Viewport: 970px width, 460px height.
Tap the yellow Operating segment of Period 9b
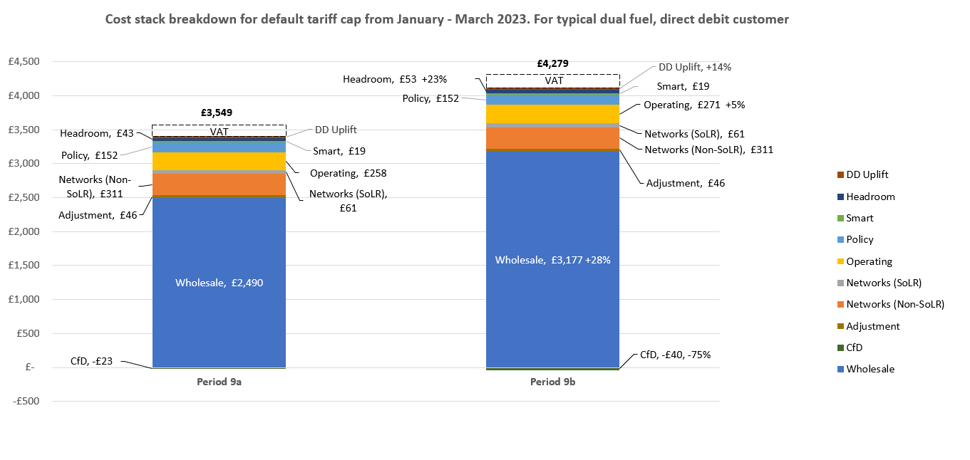(552, 114)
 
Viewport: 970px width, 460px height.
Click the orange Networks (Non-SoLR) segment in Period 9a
(219, 184)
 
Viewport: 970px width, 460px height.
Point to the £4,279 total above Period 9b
(552, 63)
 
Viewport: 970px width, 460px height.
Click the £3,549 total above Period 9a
(216, 113)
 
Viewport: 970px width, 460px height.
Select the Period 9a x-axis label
(219, 382)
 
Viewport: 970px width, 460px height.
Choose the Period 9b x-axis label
(552, 382)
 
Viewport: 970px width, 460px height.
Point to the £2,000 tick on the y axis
(23, 231)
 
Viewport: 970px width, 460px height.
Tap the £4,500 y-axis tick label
(23, 62)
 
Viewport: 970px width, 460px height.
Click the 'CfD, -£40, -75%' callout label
(675, 355)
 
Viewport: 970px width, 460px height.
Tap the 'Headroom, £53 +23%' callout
(395, 80)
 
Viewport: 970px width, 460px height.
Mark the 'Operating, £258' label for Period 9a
(348, 173)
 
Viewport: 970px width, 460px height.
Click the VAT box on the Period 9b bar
(553, 80)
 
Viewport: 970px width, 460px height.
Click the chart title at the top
(447, 20)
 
